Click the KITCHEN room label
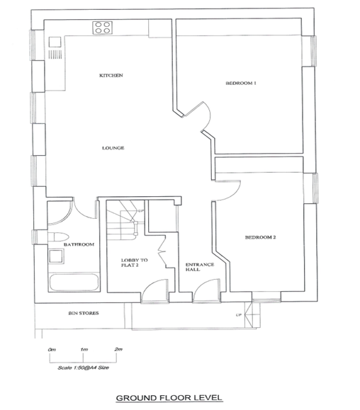click(x=111, y=75)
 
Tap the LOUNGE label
click(x=113, y=148)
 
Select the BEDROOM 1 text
click(x=241, y=83)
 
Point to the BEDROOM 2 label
click(x=260, y=237)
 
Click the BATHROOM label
click(x=79, y=244)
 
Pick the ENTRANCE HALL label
click(x=200, y=267)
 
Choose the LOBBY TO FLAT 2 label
click(x=134, y=263)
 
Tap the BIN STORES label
click(x=84, y=313)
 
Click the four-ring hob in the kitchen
click(x=102, y=28)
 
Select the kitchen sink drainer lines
click(x=55, y=55)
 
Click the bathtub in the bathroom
click(x=74, y=282)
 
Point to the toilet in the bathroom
click(x=58, y=237)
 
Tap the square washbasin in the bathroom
click(x=56, y=256)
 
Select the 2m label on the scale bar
click(x=118, y=349)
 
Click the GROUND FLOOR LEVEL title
click(x=169, y=398)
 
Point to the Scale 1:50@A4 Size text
click(x=83, y=368)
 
